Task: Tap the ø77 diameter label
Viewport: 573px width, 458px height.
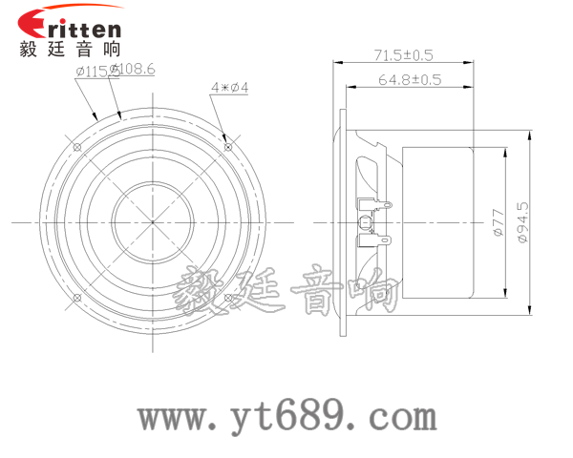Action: click(x=497, y=221)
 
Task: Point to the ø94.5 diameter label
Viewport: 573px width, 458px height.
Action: click(x=521, y=221)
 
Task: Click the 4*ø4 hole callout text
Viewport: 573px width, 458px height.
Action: click(x=229, y=88)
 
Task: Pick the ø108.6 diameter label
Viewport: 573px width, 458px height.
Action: click(x=134, y=70)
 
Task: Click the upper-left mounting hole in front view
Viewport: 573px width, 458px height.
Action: click(x=76, y=146)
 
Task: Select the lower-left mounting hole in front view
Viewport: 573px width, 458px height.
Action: click(x=76, y=298)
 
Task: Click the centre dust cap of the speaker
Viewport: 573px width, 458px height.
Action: click(x=152, y=221)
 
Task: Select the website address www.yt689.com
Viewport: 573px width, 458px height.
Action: click(x=286, y=416)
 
